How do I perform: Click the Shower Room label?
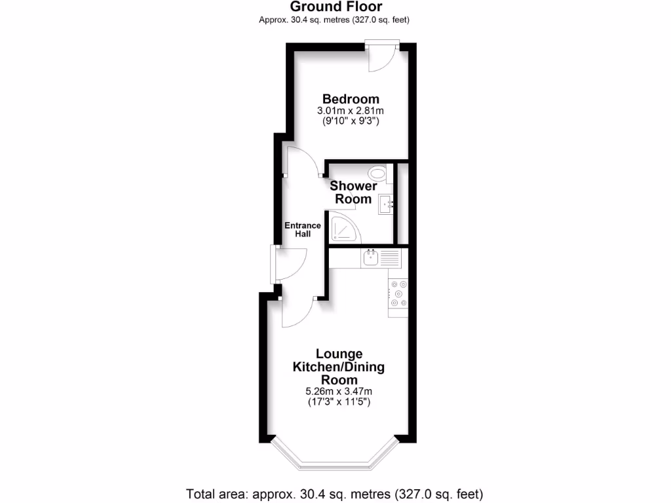[x=353, y=193]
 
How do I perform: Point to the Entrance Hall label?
[x=302, y=230]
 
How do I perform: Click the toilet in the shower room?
[x=377, y=174]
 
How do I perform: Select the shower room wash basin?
[x=385, y=204]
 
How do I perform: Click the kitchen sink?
[x=371, y=257]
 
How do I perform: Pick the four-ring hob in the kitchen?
[x=398, y=293]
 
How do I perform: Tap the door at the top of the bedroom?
[x=381, y=56]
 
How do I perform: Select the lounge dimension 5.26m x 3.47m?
[x=339, y=392]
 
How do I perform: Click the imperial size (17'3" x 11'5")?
[x=339, y=403]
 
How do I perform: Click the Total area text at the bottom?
[x=335, y=493]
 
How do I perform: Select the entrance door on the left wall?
[x=286, y=263]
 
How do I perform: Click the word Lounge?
[x=339, y=354]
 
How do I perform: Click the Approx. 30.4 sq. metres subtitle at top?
[x=335, y=20]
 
